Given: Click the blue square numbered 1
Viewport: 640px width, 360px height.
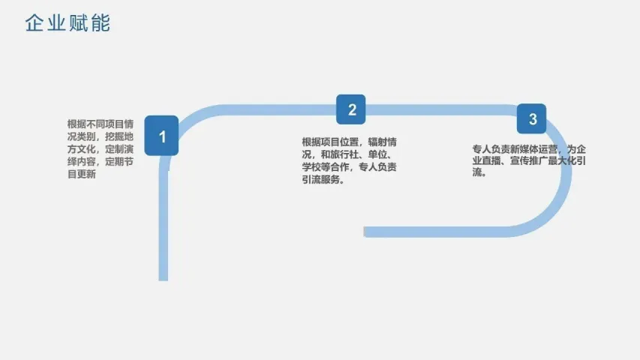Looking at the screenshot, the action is pyautogui.click(x=161, y=136).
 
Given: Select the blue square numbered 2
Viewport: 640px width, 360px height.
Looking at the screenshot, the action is pyautogui.click(x=351, y=110).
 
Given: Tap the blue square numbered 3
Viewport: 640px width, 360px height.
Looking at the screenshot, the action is pyautogui.click(x=532, y=119).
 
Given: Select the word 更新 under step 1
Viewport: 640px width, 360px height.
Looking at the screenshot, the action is pyautogui.click(x=86, y=175).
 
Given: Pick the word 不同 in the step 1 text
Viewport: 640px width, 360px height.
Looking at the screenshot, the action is pyautogui.click(x=95, y=124).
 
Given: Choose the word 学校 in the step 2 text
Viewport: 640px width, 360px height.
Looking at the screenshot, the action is pyautogui.click(x=311, y=166).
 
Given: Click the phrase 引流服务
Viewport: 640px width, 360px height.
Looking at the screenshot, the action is pyautogui.click(x=321, y=179).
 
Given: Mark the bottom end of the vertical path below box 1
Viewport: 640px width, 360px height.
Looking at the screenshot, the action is pyautogui.click(x=164, y=277).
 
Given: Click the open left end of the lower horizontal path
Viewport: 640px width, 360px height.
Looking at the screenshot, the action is pyautogui.click(x=367, y=232).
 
